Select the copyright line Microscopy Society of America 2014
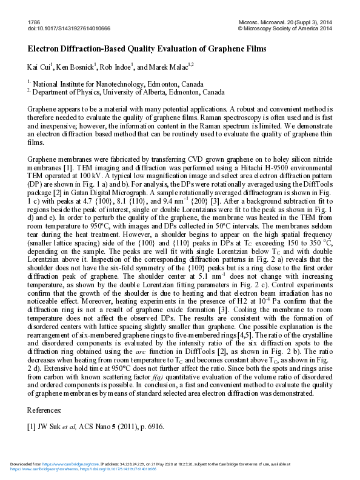295,28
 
